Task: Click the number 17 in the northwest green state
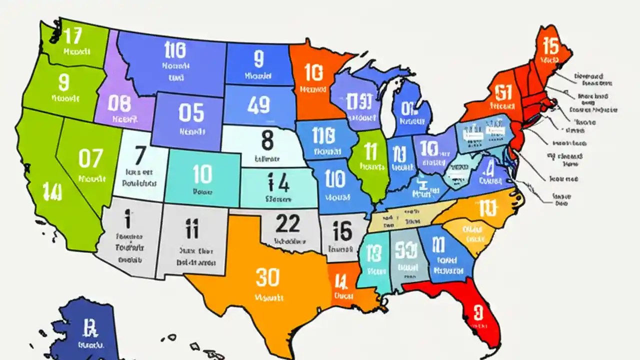[x=73, y=35]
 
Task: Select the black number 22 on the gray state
[x=287, y=223]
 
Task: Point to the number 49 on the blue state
[x=259, y=105]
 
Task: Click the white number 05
[x=191, y=113]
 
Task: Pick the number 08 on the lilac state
[x=119, y=104]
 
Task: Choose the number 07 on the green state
[x=91, y=158]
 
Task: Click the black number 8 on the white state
[x=267, y=140]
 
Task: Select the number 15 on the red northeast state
[x=550, y=46]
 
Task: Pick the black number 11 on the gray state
[x=191, y=229]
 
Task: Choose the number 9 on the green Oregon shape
[x=63, y=81]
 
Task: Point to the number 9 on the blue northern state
[x=258, y=59]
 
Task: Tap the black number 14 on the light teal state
[x=278, y=183]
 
